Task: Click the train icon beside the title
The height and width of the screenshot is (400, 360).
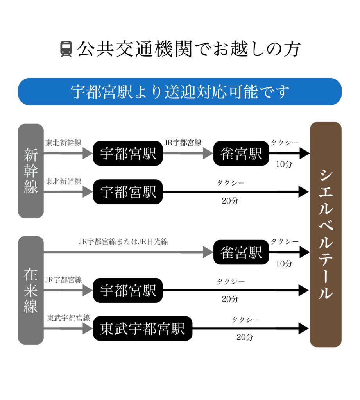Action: pos(66,50)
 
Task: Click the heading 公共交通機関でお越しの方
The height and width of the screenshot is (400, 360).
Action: pos(189,50)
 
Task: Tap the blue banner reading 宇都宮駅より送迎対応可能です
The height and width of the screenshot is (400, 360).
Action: pos(180,92)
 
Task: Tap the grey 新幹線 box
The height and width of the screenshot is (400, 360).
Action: pos(31,171)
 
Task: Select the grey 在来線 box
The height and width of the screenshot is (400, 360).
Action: pos(31,290)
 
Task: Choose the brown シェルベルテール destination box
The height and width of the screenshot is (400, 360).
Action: pos(326,234)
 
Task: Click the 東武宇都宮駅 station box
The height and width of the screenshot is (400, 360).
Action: pos(143,329)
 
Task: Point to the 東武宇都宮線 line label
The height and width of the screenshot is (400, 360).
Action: pos(68,318)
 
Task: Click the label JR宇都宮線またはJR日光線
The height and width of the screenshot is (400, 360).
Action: pos(123,242)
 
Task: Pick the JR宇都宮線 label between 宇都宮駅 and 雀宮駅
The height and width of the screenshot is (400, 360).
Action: pos(183,143)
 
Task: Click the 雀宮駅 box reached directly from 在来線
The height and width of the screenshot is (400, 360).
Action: pos(241,252)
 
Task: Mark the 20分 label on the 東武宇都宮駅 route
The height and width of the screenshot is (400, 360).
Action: pos(245,337)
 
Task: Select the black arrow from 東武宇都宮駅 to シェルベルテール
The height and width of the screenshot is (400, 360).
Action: pos(250,329)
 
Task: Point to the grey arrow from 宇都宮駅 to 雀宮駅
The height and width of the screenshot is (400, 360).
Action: pos(188,154)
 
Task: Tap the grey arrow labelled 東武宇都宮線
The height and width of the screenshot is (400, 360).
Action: pos(68,329)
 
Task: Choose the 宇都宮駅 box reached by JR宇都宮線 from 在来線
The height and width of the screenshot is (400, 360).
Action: pos(128,290)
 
